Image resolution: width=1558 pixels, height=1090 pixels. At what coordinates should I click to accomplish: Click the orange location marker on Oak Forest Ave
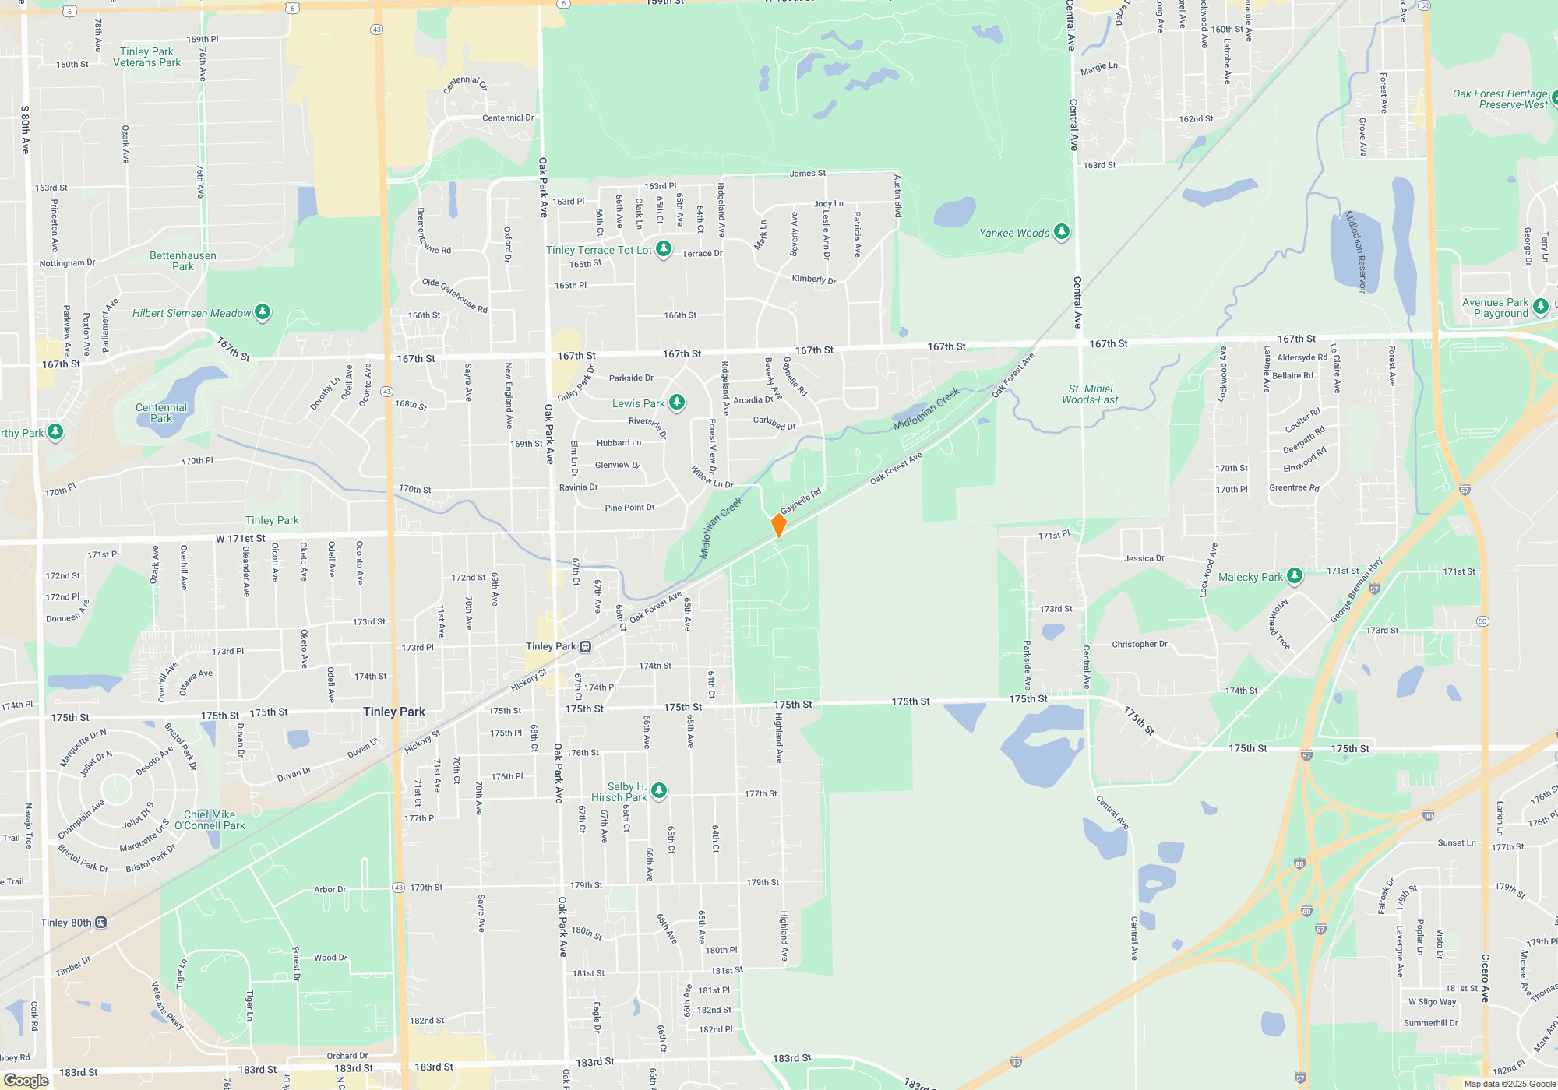778,525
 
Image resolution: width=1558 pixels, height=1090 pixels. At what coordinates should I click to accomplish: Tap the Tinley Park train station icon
586,646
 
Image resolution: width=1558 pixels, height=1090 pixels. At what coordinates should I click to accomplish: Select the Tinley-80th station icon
101,923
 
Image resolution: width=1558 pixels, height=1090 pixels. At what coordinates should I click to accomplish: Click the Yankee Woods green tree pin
1061,231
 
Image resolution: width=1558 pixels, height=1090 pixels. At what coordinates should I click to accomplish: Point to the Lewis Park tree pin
677,402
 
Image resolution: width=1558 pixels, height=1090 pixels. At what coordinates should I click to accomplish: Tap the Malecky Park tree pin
1295,575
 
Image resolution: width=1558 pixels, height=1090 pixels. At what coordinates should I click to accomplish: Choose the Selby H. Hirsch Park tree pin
659,790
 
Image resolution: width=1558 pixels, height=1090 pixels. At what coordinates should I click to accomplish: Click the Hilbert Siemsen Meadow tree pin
263,312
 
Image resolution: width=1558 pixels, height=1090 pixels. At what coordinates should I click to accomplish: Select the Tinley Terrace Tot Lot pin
664,248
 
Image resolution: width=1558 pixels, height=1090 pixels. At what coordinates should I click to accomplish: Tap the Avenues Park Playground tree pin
1540,306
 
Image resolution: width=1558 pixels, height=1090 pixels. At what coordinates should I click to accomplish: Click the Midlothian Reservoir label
1356,251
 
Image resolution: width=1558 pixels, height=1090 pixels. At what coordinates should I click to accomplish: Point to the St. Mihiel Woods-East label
1090,394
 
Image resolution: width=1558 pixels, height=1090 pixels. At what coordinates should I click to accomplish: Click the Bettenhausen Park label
183,261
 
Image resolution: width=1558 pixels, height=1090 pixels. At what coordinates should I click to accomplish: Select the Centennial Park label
161,413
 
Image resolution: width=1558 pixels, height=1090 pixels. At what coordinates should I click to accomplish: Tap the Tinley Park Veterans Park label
146,57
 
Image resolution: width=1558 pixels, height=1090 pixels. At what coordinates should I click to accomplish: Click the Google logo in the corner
26,1080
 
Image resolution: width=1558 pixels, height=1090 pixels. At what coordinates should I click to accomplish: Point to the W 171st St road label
240,538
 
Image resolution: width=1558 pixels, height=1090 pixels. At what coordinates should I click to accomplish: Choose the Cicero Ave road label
1486,978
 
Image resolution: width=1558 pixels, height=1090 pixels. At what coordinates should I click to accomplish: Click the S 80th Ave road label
25,129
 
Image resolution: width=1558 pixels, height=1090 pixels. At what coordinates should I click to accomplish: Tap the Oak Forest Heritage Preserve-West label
1500,99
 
